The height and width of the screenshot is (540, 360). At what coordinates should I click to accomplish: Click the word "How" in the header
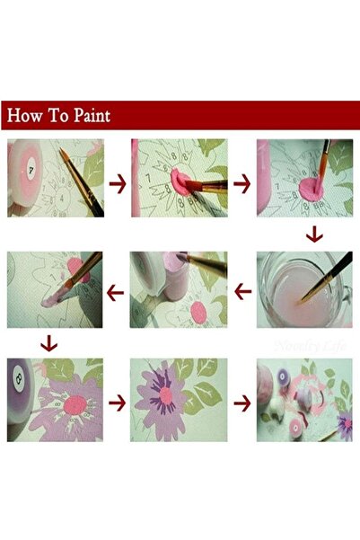coord(26,116)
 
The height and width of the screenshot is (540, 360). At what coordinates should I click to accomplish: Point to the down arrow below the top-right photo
coord(313,235)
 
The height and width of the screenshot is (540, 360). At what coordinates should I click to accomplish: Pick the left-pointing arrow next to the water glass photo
coord(241,291)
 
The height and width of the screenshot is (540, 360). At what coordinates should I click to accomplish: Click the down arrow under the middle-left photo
coord(49,343)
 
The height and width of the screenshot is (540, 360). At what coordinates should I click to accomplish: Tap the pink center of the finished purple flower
coord(168,393)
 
